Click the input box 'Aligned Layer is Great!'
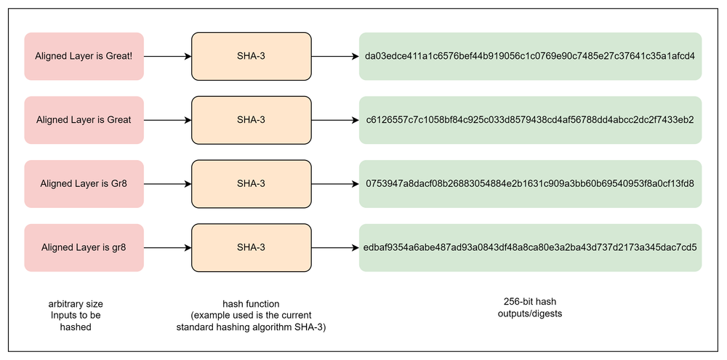click(x=84, y=56)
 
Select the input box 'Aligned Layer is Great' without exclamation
click(x=84, y=119)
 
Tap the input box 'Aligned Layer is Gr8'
click(x=84, y=183)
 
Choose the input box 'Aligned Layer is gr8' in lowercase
click(x=84, y=247)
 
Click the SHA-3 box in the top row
click(x=251, y=56)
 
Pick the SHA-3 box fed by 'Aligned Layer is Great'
click(x=251, y=119)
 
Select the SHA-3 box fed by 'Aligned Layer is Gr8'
click(x=251, y=183)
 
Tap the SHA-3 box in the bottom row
click(x=251, y=247)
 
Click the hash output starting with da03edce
click(x=530, y=56)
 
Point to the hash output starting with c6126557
click(x=530, y=119)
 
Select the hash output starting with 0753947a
click(x=530, y=183)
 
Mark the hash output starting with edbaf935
click(x=530, y=247)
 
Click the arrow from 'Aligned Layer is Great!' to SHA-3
click(x=166, y=56)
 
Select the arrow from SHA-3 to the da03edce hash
click(x=335, y=56)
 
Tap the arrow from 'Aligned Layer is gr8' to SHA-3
click(x=166, y=247)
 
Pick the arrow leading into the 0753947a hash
click(x=335, y=183)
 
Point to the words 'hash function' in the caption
click(x=251, y=303)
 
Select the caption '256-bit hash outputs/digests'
click(x=530, y=308)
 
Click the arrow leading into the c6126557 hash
click(x=335, y=119)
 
